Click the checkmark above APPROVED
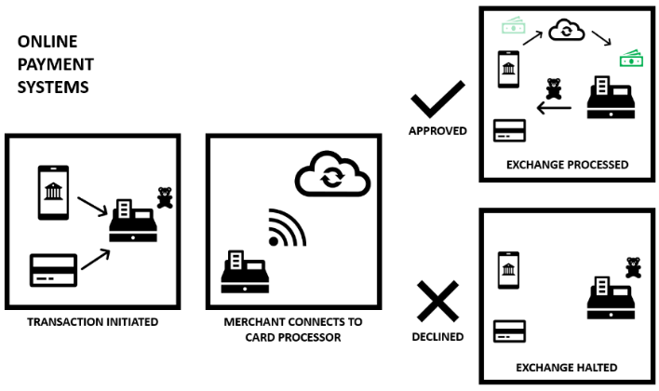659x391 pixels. (437, 99)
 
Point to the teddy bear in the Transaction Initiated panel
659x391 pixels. (165, 197)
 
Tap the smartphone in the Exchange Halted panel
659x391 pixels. (509, 271)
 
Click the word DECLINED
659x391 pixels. (437, 336)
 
